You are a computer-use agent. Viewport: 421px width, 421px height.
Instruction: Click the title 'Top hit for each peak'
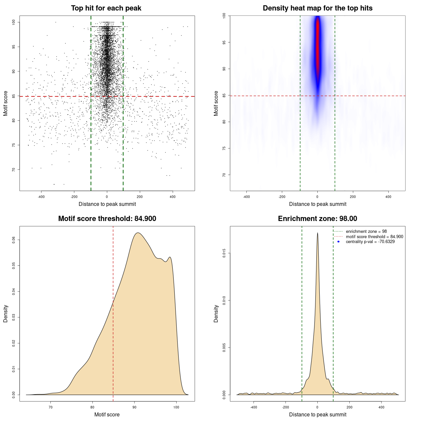[x=106, y=8]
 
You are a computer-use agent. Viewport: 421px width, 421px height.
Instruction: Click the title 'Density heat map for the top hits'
[x=317, y=8]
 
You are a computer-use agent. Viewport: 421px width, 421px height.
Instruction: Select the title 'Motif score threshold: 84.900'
[x=107, y=219]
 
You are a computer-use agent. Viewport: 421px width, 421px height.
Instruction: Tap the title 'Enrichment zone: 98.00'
[x=317, y=219]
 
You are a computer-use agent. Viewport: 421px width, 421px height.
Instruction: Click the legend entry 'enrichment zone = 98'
[x=366, y=232]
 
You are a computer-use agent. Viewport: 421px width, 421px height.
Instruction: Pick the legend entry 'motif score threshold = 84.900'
[x=374, y=237]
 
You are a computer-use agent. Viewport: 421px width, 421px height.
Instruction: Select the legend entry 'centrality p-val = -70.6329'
[x=370, y=242]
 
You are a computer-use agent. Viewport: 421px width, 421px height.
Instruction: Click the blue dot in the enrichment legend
[x=338, y=242]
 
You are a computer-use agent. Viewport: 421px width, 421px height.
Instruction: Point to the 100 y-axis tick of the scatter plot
[x=14, y=22]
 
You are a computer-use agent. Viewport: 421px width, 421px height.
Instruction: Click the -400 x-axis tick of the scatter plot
[x=41, y=197]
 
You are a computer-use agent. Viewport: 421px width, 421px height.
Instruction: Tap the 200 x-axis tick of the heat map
[x=353, y=197]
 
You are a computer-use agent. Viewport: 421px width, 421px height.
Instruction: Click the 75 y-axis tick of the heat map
[x=224, y=148]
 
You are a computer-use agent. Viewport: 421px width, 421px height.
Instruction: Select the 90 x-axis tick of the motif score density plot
[x=134, y=407]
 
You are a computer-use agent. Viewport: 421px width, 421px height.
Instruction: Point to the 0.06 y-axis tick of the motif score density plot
[x=14, y=240]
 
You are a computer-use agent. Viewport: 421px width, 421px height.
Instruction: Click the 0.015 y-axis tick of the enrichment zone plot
[x=224, y=253]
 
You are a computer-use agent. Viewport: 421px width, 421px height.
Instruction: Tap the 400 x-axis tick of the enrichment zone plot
[x=381, y=407]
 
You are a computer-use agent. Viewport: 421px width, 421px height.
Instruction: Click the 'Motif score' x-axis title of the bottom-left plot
[x=107, y=414]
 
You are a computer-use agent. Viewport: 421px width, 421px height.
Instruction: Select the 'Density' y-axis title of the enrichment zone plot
[x=216, y=313]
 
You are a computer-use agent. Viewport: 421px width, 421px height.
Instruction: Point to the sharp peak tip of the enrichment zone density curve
[x=317, y=233]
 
